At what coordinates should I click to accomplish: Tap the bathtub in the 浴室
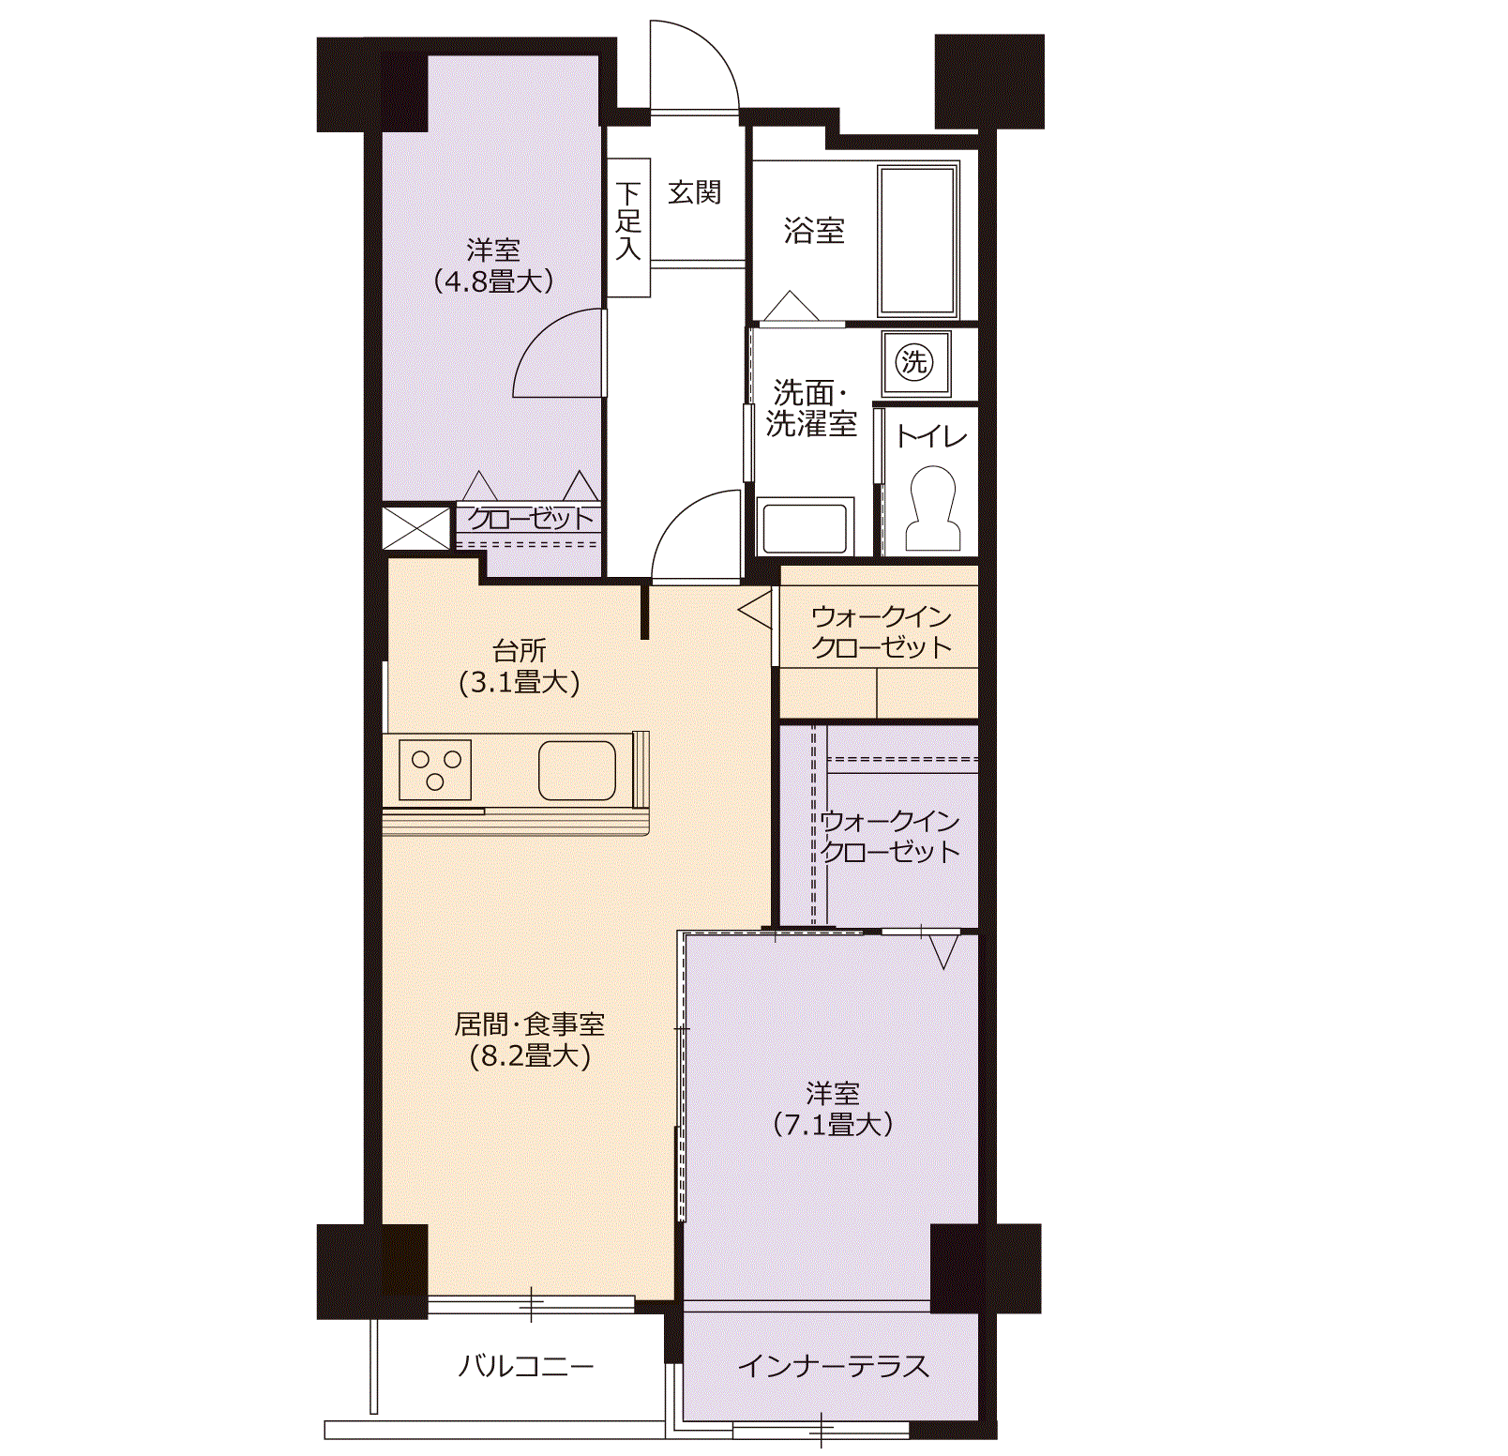(x=918, y=240)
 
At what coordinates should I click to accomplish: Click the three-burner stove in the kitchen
(x=435, y=770)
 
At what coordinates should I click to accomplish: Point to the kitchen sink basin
(x=577, y=770)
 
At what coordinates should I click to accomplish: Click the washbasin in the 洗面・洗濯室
(x=805, y=526)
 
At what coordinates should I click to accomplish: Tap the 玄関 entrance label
(x=695, y=192)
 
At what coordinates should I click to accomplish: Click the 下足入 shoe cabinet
(x=628, y=228)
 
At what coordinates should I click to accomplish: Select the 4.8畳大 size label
(x=493, y=281)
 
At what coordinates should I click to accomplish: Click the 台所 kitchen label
(x=520, y=649)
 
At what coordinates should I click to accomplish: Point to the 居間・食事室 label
(x=530, y=1024)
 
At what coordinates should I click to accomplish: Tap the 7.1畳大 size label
(x=833, y=1123)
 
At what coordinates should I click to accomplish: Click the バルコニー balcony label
(x=525, y=1366)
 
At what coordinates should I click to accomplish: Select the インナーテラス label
(x=834, y=1366)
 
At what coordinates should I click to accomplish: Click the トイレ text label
(x=931, y=436)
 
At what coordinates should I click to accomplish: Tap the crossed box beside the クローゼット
(x=416, y=527)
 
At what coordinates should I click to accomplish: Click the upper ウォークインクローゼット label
(x=882, y=631)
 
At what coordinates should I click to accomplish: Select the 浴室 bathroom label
(x=815, y=230)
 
